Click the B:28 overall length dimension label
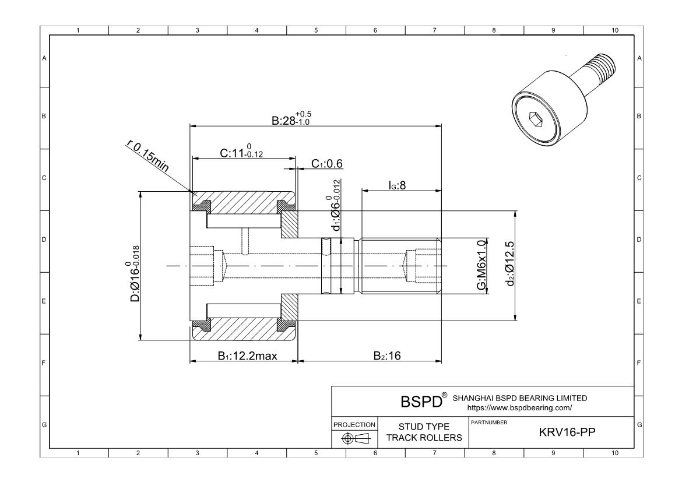click(291, 119)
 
